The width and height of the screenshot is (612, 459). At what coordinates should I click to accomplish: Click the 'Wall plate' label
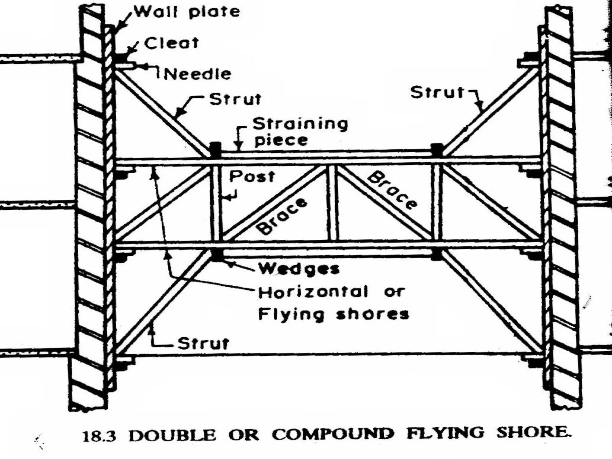(187, 12)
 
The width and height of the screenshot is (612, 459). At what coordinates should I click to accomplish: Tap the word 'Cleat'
(172, 43)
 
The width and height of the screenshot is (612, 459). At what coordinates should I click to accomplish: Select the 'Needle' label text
(198, 74)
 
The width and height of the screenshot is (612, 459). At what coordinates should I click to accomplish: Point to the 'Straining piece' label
(300, 132)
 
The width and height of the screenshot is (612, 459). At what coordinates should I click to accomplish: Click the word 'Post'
(252, 177)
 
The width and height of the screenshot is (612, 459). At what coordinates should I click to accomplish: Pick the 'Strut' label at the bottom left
(204, 344)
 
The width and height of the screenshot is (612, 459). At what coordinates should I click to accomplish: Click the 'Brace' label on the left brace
(282, 216)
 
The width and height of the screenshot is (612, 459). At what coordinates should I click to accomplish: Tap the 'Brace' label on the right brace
(392, 190)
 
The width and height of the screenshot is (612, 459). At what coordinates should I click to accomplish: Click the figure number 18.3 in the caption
(99, 436)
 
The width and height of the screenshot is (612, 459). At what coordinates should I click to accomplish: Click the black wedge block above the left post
(216, 150)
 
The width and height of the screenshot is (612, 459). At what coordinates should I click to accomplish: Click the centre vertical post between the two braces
(333, 203)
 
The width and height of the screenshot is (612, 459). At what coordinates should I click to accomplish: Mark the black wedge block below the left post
(216, 255)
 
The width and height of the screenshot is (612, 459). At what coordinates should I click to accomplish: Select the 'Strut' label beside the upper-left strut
(235, 100)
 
